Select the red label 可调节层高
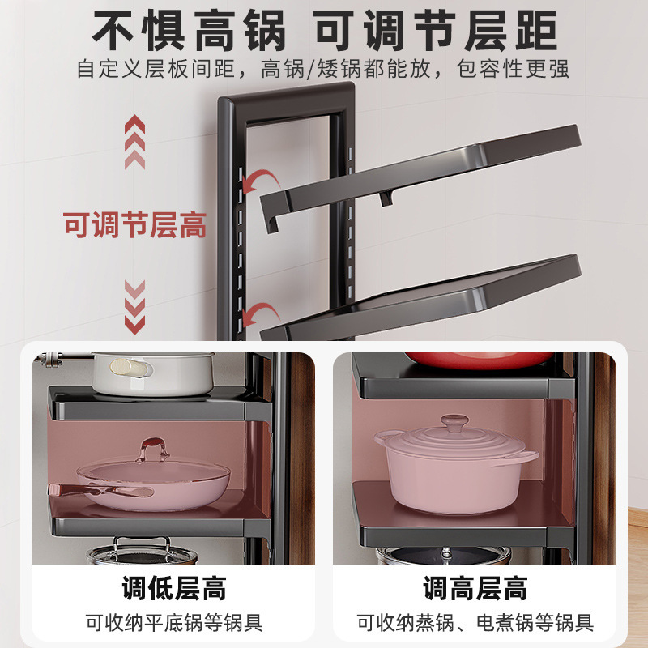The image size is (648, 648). coord(135,225)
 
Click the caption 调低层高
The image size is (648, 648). coord(173,587)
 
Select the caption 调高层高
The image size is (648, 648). coord(475,587)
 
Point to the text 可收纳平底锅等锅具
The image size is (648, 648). coord(173,623)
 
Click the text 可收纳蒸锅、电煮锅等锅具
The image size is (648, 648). coord(475,623)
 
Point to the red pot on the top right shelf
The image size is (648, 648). coord(462,360)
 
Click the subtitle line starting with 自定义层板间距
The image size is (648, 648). coord(323,69)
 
